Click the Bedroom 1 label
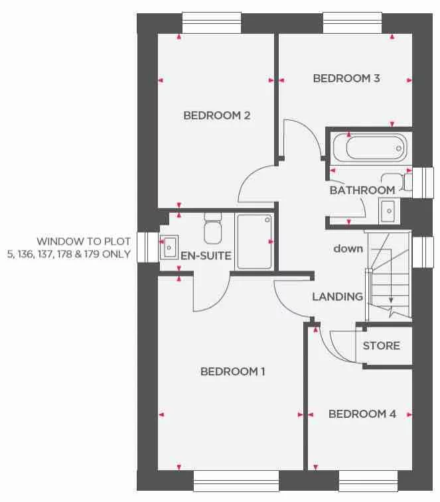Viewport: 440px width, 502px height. (x=232, y=371)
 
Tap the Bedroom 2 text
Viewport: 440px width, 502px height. (x=216, y=115)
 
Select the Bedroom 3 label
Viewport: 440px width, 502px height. (x=346, y=78)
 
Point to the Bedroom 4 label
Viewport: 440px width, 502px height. (x=362, y=414)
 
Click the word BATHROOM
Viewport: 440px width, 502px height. (x=362, y=190)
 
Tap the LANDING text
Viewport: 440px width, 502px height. (x=338, y=296)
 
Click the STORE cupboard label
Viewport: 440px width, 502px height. (x=381, y=345)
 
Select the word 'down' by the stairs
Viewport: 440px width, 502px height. (x=348, y=249)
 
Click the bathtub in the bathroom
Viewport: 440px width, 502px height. (x=369, y=147)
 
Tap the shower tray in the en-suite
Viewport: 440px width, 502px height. (x=254, y=241)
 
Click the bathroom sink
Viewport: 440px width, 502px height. (x=388, y=211)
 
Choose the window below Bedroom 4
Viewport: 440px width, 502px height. (x=368, y=480)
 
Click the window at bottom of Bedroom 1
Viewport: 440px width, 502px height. (x=236, y=480)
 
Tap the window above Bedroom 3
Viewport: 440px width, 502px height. (x=352, y=23)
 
